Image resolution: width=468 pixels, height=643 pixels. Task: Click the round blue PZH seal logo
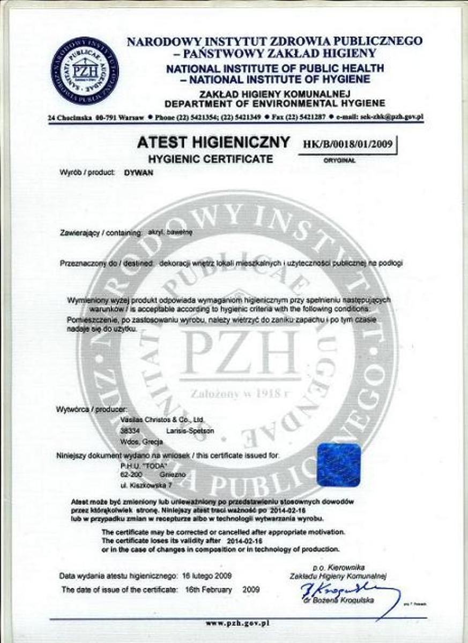pyautogui.click(x=85, y=71)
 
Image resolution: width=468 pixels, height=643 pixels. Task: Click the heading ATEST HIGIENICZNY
pyautogui.click(x=213, y=143)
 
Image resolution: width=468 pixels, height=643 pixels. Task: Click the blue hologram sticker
pyautogui.click(x=338, y=465)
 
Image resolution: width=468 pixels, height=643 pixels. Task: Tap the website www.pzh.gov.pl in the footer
pyautogui.click(x=237, y=623)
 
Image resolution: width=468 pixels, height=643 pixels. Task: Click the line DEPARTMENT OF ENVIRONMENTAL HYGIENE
pyautogui.click(x=274, y=103)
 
